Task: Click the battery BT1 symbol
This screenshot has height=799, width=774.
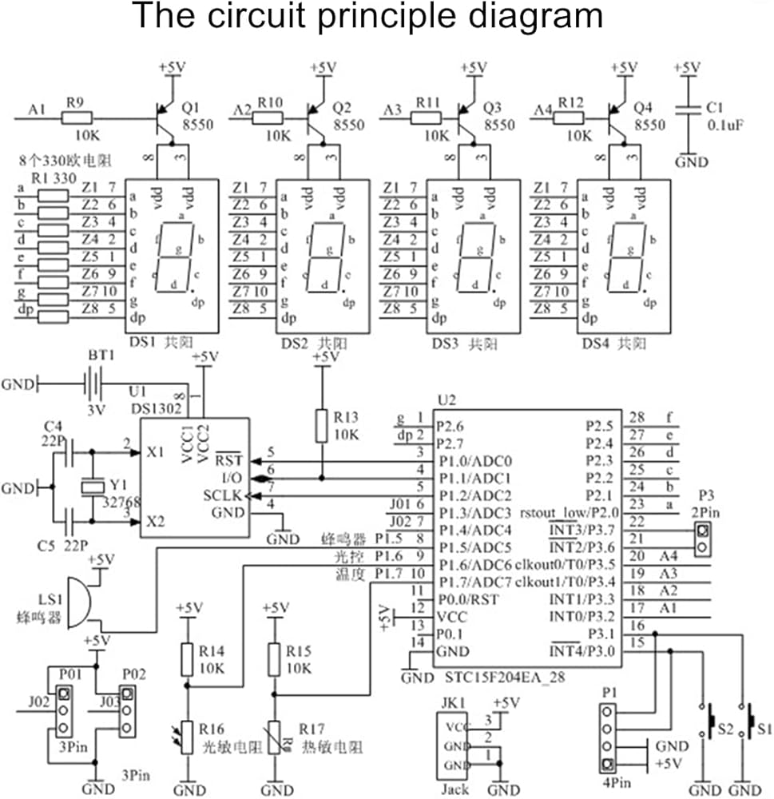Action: [x=93, y=384]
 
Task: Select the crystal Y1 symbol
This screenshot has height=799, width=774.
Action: [x=93, y=485]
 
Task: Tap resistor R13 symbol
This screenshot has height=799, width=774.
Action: [x=322, y=426]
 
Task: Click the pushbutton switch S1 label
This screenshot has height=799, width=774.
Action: [x=764, y=729]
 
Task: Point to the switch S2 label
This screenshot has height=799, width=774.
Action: [x=724, y=729]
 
